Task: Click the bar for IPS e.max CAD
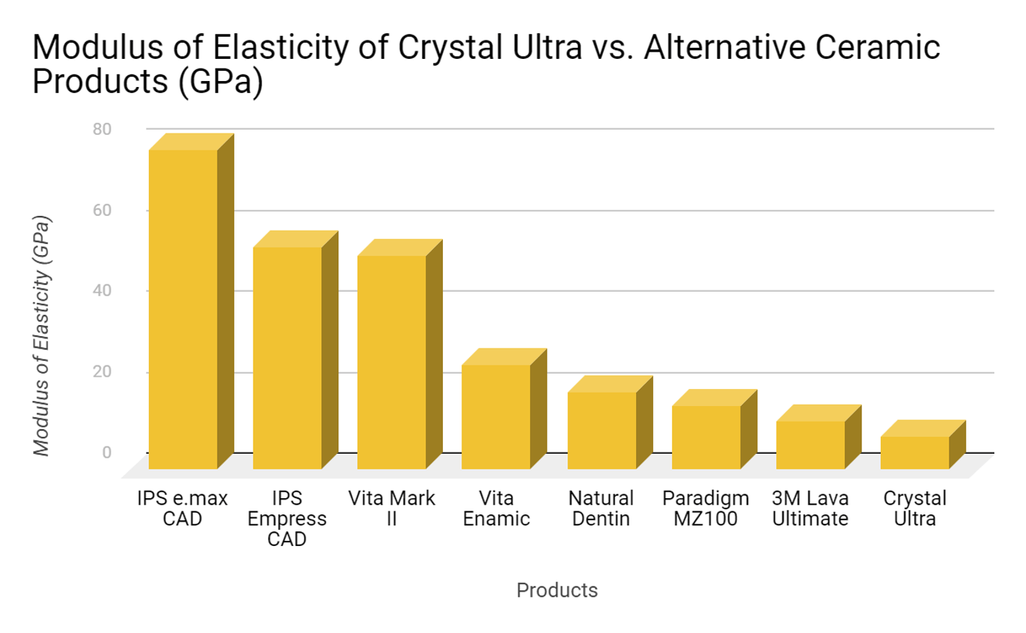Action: tap(183, 309)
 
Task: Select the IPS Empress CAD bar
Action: tap(287, 358)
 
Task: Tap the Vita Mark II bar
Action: tap(391, 363)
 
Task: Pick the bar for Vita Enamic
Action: tap(495, 417)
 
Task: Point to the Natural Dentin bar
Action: tap(601, 430)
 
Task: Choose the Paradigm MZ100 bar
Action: tap(705, 437)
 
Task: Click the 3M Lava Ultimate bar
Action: tap(810, 445)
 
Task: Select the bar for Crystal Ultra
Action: tap(915, 452)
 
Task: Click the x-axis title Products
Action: tap(557, 590)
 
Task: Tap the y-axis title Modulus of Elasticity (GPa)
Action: tap(43, 336)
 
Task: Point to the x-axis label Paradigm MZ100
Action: tap(705, 508)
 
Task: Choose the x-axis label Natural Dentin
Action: tap(601, 508)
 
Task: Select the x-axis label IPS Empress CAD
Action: tap(287, 519)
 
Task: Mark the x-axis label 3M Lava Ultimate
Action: tap(810, 508)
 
